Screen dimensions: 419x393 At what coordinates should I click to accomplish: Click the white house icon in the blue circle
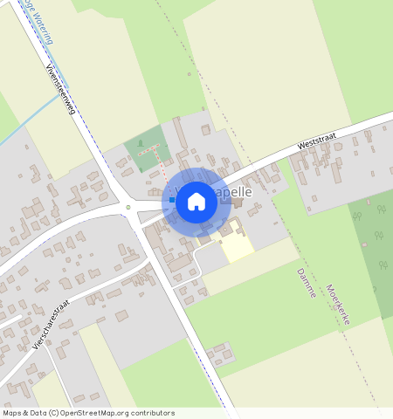196,202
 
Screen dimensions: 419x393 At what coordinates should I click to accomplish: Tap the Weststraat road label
315,138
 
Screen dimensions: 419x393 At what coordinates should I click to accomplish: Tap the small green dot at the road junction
128,207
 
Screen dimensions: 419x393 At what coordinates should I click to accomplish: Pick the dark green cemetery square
144,149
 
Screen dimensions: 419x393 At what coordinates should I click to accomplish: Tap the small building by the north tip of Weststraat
367,136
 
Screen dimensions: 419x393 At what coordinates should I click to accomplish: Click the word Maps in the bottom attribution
12,412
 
